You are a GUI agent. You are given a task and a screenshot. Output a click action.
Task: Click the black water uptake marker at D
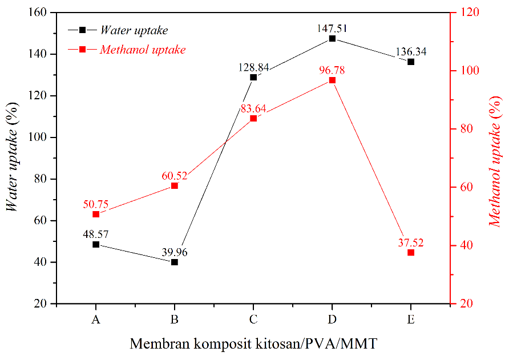[x=332, y=38]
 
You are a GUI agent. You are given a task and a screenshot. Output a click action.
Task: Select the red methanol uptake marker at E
[x=411, y=252]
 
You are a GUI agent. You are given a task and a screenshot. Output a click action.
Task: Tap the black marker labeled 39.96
[x=175, y=262]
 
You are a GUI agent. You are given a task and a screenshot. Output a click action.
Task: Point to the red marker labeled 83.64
[x=253, y=118]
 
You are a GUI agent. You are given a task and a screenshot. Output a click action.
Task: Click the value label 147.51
[x=332, y=27]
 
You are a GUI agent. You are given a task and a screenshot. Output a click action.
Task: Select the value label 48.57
[x=96, y=233]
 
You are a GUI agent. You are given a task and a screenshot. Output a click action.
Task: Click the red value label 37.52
[x=411, y=242]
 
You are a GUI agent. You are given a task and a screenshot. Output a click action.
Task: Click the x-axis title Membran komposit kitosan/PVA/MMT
[x=253, y=343]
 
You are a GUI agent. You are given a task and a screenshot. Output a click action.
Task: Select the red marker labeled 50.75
[x=96, y=214]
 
